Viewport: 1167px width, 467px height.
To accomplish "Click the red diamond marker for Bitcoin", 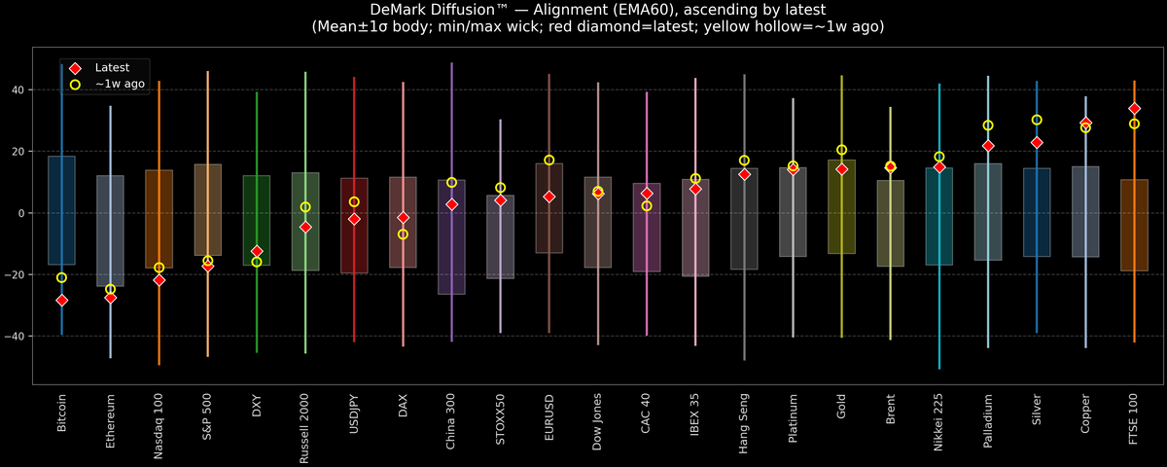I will pyautogui.click(x=61, y=301).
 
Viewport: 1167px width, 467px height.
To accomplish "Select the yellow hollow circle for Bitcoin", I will pyautogui.click(x=61, y=277).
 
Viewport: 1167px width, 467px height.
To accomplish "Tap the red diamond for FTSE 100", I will pyautogui.click(x=1134, y=108).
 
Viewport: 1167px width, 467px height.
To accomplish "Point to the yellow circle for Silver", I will pyautogui.click(x=1037, y=120).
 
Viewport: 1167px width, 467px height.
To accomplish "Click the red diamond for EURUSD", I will pyautogui.click(x=549, y=197).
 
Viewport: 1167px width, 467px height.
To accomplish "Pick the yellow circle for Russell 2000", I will pyautogui.click(x=305, y=207).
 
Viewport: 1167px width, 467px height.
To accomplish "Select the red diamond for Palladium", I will pyautogui.click(x=988, y=146).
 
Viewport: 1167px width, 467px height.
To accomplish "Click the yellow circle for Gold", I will pyautogui.click(x=841, y=150).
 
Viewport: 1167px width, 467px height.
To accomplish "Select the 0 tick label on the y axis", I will pyautogui.click(x=22, y=213).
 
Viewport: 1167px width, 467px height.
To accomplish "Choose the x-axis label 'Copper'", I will pyautogui.click(x=1085, y=413).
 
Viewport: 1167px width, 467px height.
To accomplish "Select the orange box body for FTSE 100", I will pyautogui.click(x=1134, y=225).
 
